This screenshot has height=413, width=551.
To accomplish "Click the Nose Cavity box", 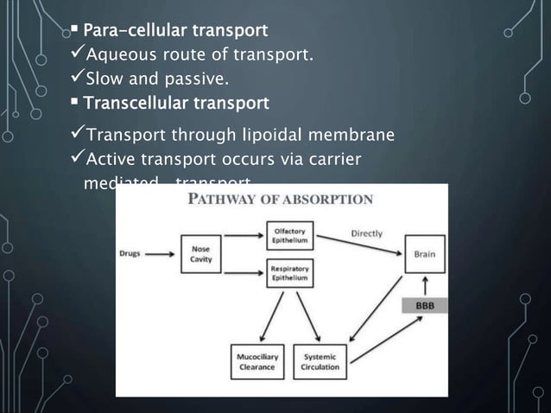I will pyautogui.click(x=200, y=254).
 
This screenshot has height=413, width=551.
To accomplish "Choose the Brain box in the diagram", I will pyautogui.click(x=424, y=254).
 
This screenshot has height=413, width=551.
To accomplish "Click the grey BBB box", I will pyautogui.click(x=424, y=306).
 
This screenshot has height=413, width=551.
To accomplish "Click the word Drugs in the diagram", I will pyautogui.click(x=133, y=254).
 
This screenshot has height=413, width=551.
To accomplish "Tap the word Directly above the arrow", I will pyautogui.click(x=367, y=233).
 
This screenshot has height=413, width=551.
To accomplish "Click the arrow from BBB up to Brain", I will pyautogui.click(x=424, y=284).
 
